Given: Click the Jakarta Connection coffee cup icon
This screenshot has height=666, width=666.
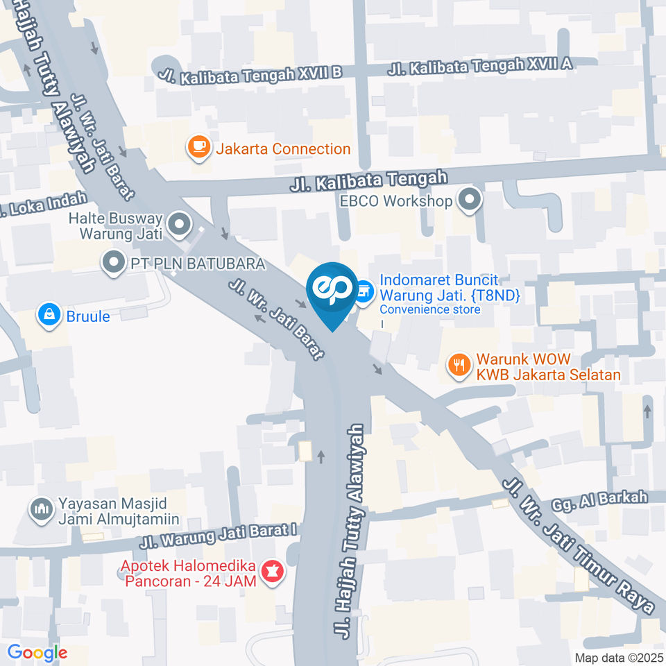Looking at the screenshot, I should click(x=199, y=148).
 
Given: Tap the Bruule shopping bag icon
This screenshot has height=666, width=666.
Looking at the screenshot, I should click(x=49, y=315).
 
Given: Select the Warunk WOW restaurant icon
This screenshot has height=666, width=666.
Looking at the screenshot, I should click(x=459, y=364).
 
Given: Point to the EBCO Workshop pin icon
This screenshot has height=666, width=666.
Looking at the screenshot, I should click(x=470, y=201).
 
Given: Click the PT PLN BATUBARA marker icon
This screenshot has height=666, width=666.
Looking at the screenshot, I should click(x=112, y=263).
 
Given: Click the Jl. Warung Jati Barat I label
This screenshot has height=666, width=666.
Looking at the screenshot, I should click(x=219, y=536).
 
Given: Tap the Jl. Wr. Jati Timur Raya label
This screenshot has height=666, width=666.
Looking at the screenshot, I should click(x=579, y=545).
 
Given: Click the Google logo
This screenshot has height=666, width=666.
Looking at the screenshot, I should click(x=37, y=653).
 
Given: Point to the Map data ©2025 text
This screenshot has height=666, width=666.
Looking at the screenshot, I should click(x=618, y=656).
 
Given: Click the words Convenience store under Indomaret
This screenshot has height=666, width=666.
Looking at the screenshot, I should click(x=429, y=309).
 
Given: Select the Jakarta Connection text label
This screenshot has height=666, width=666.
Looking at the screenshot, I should click(x=282, y=148).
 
